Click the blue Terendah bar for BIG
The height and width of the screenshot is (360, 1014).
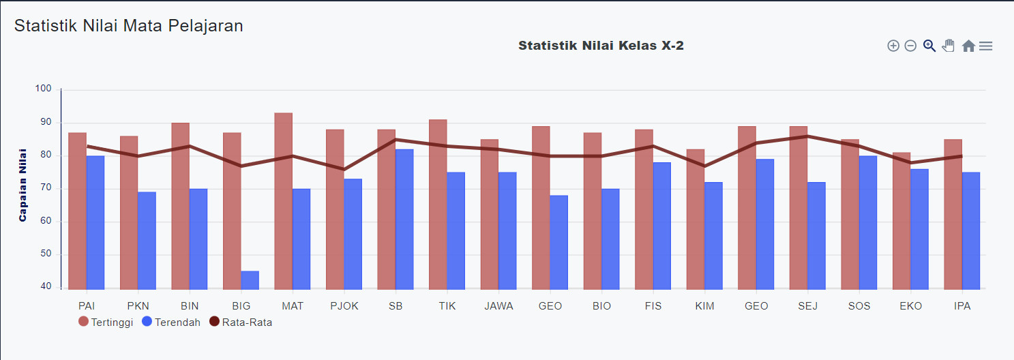[x=250, y=280]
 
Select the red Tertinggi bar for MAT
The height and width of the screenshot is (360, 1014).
[x=284, y=201]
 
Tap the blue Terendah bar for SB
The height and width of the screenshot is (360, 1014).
[x=404, y=219]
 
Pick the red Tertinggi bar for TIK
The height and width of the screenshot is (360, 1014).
[x=438, y=205]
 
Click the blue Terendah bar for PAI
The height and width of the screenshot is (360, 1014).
[x=95, y=222]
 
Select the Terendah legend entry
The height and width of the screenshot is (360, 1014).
[x=170, y=322]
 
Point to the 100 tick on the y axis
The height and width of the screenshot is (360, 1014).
[x=44, y=89]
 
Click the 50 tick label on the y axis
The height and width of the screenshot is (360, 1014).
[x=46, y=254]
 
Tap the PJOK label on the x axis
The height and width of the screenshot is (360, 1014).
[x=344, y=306]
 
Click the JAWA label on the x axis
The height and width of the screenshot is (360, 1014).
[x=498, y=306]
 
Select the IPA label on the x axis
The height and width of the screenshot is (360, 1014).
[x=962, y=306]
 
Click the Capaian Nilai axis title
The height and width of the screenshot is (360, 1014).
[x=23, y=185]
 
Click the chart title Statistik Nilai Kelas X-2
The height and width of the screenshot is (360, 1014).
[x=601, y=46]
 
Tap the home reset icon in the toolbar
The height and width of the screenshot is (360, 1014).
[x=968, y=46]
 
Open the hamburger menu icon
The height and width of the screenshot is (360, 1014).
[x=986, y=46]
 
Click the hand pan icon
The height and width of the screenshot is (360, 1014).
[x=949, y=46]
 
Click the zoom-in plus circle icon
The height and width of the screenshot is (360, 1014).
[x=893, y=46]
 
